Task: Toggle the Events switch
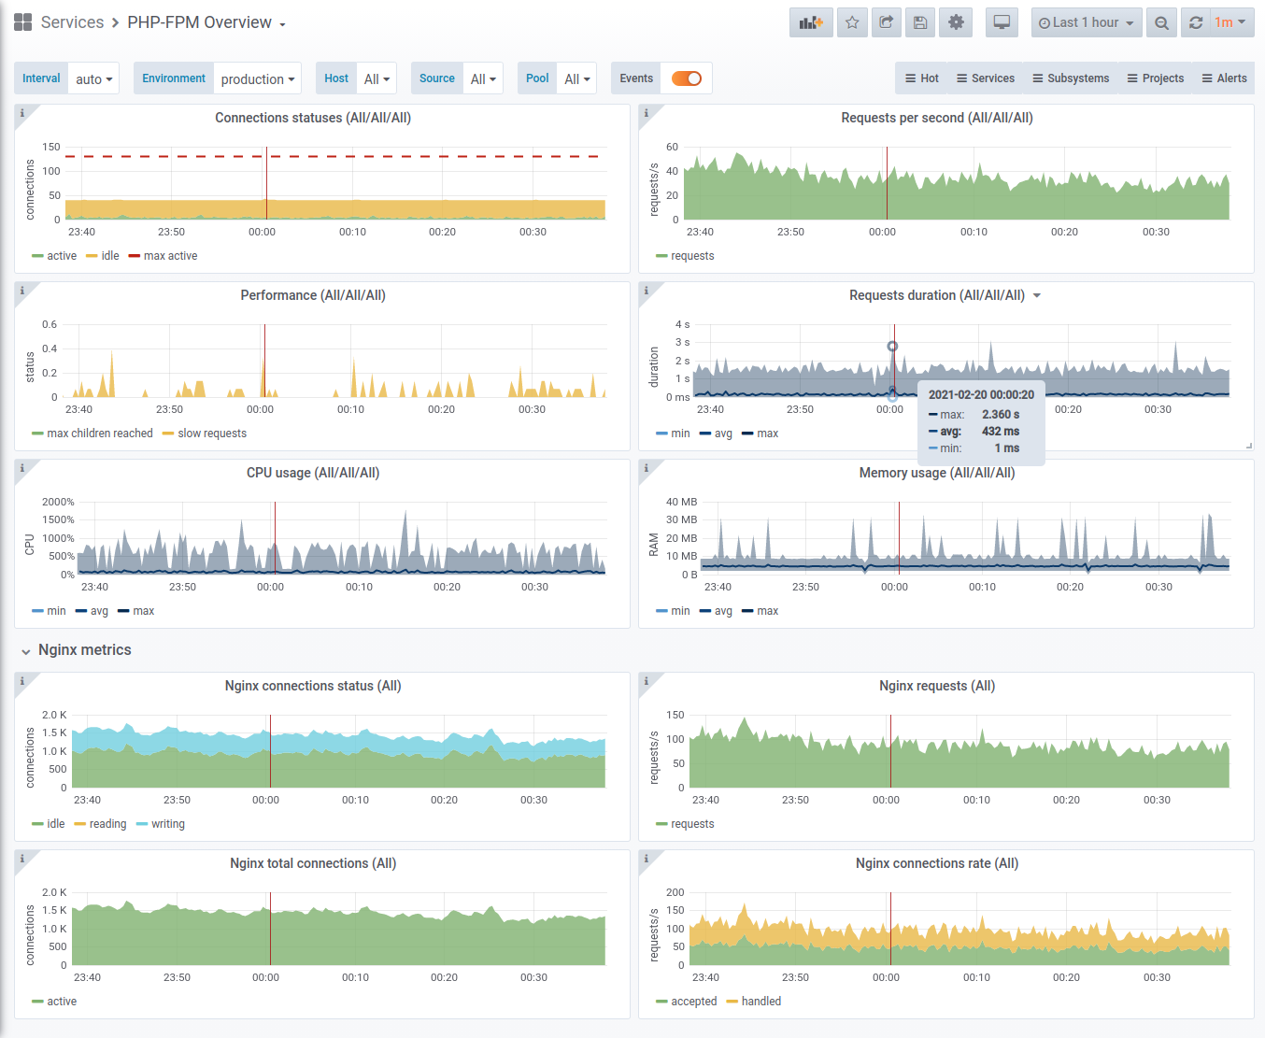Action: [686, 78]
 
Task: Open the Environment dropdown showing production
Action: [257, 78]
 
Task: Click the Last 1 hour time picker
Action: [1087, 22]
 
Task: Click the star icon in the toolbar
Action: [852, 22]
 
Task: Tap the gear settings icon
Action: [956, 22]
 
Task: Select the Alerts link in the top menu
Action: [1224, 78]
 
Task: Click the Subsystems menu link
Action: [1071, 78]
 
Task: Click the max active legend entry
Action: [163, 256]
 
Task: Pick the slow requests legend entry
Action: [205, 434]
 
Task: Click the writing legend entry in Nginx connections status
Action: [161, 824]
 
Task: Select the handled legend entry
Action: [754, 1002]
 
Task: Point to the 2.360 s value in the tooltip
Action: [1001, 415]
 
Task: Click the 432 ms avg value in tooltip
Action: [1001, 432]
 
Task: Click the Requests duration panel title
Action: [937, 295]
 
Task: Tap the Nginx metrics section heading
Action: [85, 649]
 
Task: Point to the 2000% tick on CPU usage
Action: [58, 502]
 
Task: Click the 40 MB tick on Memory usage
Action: [681, 502]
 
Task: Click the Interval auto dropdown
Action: [94, 78]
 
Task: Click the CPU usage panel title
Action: [313, 473]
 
